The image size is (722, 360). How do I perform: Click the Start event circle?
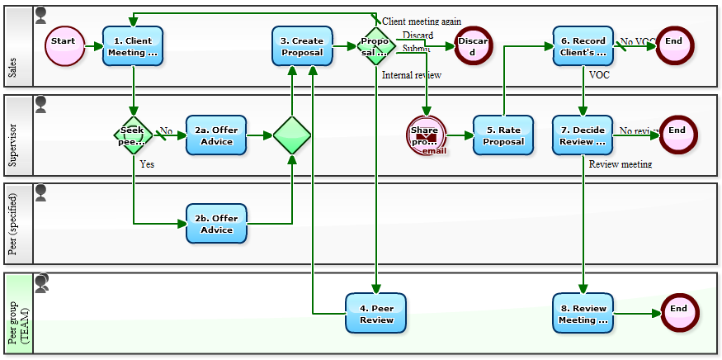click(64, 46)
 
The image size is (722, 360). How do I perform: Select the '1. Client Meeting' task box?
click(133, 46)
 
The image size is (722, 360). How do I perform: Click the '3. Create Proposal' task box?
click(302, 46)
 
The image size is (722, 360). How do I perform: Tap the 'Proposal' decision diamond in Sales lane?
click(375, 46)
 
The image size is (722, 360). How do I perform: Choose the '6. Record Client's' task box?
click(583, 46)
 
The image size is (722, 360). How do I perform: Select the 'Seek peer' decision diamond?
click(133, 135)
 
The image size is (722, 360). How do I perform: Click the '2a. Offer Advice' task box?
click(216, 135)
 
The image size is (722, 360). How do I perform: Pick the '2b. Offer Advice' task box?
click(216, 223)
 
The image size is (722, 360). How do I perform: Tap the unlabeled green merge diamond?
click(292, 135)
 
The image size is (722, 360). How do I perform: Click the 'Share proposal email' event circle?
click(426, 135)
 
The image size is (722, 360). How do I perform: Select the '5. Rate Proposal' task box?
click(503, 135)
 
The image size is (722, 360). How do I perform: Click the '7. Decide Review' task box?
click(583, 135)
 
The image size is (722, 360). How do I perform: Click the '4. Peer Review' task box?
click(376, 313)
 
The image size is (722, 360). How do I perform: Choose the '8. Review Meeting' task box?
click(583, 313)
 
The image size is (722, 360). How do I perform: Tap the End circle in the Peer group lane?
click(679, 313)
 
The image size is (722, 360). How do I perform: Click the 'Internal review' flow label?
click(412, 75)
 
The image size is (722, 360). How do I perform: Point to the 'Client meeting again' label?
click(422, 21)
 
